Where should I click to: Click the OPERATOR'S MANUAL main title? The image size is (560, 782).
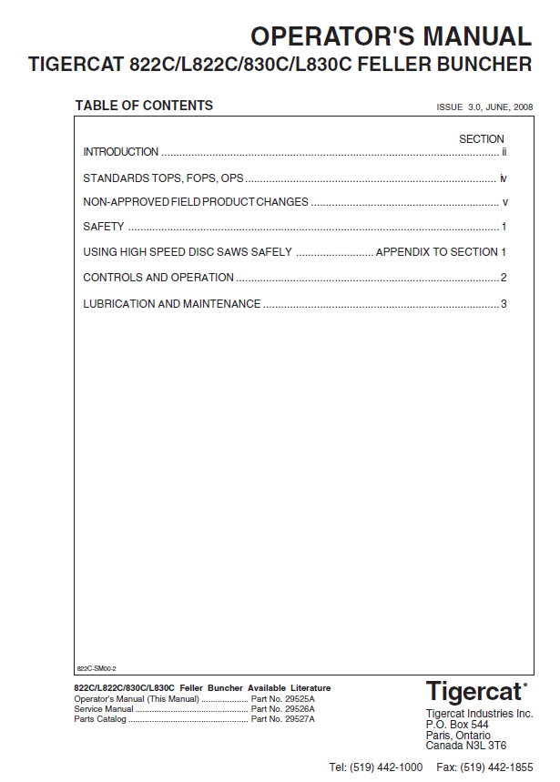tap(391, 36)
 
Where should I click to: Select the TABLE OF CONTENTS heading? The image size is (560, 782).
tap(144, 106)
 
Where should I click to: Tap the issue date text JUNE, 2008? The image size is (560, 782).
tap(509, 107)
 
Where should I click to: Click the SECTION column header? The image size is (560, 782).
tap(481, 139)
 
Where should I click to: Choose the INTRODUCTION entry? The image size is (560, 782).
tap(120, 152)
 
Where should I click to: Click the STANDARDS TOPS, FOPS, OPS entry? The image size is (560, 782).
tap(163, 178)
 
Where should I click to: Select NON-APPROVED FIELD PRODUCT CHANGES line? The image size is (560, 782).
tap(196, 202)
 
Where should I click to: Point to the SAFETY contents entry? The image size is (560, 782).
tap(104, 227)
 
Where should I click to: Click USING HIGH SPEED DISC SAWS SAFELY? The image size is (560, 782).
tap(188, 252)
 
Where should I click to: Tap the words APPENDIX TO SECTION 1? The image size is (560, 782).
tap(441, 252)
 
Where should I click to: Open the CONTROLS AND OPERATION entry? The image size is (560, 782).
tap(158, 278)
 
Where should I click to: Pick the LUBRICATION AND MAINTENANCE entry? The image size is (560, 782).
tap(172, 304)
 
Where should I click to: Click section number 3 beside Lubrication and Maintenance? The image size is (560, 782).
tap(503, 304)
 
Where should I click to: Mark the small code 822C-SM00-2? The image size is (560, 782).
tap(96, 668)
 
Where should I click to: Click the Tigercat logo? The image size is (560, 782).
tap(476, 691)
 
